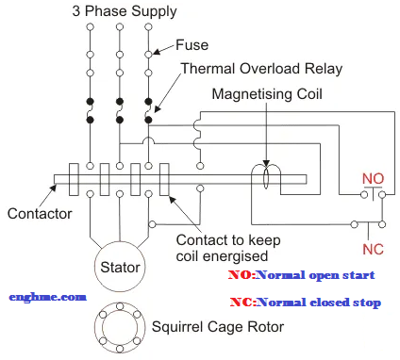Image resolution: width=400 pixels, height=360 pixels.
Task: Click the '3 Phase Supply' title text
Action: [123, 11]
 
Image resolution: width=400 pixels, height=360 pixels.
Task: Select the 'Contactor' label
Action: [40, 214]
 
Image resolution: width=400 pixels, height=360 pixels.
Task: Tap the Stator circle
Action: [120, 268]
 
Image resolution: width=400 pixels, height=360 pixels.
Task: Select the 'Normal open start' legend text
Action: [315, 275]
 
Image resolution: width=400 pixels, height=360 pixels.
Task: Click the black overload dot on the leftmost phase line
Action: [90, 101]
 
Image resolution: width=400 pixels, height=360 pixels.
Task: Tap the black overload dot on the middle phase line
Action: [119, 101]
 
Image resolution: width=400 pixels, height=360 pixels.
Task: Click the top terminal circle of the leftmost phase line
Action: [90, 27]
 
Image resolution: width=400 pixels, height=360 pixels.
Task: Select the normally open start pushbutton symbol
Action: [370, 195]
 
